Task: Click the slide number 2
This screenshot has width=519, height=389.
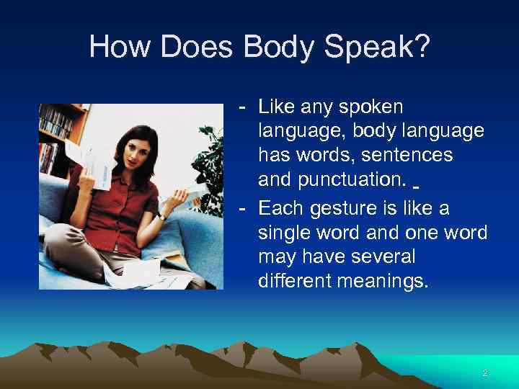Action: point(485,373)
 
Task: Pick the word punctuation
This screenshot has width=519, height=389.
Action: point(329,177)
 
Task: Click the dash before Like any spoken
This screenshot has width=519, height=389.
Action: point(245,108)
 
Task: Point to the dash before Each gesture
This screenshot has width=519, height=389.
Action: point(245,209)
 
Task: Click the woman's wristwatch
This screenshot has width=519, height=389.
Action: point(165,215)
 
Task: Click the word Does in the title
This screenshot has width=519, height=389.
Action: point(195,48)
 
